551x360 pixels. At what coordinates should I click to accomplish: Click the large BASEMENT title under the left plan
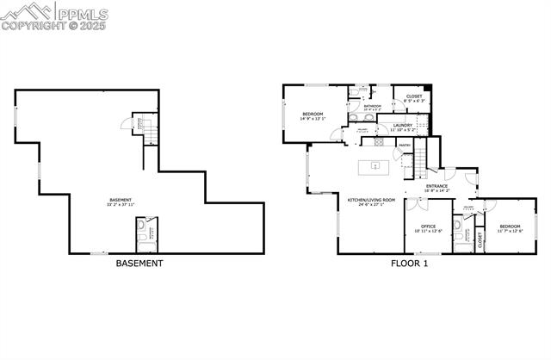pos(139,264)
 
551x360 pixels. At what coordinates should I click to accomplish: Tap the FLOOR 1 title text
pos(409,264)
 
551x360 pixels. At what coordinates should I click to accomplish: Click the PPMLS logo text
pos(81,14)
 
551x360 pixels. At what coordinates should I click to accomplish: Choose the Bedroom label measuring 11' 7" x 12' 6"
pos(510,229)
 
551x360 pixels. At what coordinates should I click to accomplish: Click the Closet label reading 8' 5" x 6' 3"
pos(413,99)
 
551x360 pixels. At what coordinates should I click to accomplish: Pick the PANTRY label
pos(404,146)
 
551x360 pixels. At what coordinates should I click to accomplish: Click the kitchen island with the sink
pos(375,164)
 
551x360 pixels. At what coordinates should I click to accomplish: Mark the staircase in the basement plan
pos(149,132)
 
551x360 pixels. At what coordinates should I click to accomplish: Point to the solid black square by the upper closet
pos(428,88)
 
